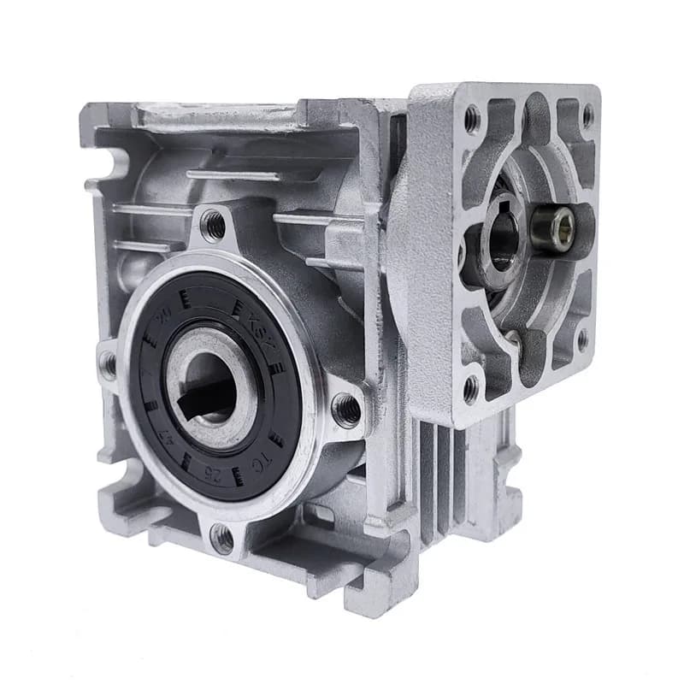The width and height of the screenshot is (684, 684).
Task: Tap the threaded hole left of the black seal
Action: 108,366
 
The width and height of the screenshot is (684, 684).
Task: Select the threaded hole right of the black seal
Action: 346,410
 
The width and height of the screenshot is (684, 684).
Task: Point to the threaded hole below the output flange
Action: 222,538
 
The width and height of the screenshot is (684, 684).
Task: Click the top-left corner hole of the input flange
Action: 472,120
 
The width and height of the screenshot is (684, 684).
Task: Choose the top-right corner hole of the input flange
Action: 587,115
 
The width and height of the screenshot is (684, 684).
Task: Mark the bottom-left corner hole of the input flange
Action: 470,389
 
